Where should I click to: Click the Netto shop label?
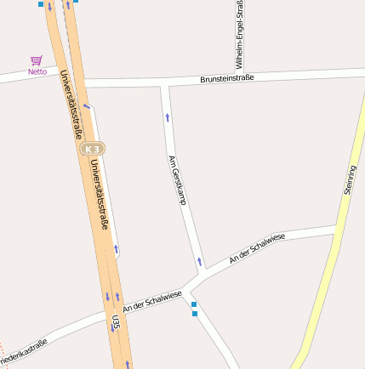[37, 71]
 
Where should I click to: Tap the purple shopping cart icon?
[36, 60]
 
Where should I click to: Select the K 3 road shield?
[94, 148]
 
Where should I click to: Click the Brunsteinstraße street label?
[228, 78]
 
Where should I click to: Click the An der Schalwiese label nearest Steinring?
[256, 247]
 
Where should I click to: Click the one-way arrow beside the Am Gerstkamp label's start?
[167, 117]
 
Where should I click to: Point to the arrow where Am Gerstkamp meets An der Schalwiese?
[200, 261]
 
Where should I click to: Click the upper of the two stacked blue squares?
[194, 304]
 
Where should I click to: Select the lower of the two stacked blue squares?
[194, 314]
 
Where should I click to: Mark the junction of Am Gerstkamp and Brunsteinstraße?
[164, 84]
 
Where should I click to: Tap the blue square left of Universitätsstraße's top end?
[40, 3]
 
